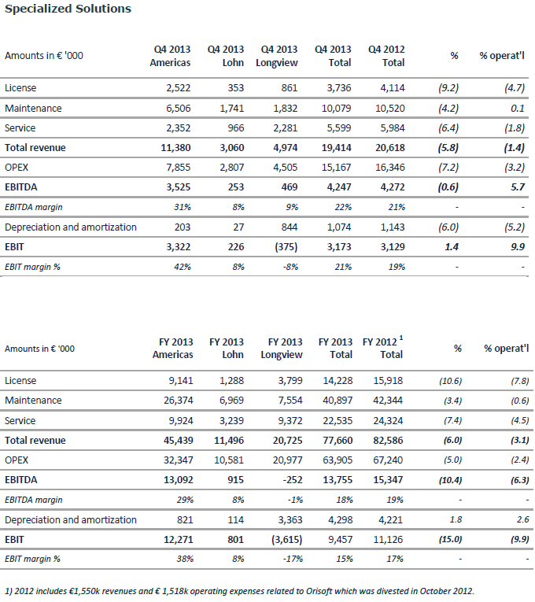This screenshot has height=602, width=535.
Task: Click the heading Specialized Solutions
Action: [68, 9]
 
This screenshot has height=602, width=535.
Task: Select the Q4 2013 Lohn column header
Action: [226, 56]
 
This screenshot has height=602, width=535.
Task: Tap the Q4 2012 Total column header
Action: [386, 56]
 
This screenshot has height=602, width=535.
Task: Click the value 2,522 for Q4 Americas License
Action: [179, 88]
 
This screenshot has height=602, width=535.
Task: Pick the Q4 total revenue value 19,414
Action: [336, 148]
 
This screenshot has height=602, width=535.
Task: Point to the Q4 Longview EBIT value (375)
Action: [286, 247]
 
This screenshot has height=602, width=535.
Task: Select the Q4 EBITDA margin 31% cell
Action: [183, 207]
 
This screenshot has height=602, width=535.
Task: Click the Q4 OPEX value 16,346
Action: [390, 168]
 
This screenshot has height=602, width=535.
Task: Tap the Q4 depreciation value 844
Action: [290, 227]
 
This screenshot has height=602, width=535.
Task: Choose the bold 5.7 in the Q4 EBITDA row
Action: [518, 187]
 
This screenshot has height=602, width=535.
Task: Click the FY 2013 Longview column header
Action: [282, 349]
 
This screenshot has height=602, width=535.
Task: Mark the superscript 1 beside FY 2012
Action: [401, 338]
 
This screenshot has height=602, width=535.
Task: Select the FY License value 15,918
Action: [388, 381]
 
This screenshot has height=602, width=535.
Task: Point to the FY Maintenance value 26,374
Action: [179, 401]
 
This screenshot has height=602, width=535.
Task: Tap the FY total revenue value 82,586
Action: [388, 441]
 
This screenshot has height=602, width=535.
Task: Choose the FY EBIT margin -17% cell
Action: [293, 559]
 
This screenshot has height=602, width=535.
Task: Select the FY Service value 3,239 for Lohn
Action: [231, 421]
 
